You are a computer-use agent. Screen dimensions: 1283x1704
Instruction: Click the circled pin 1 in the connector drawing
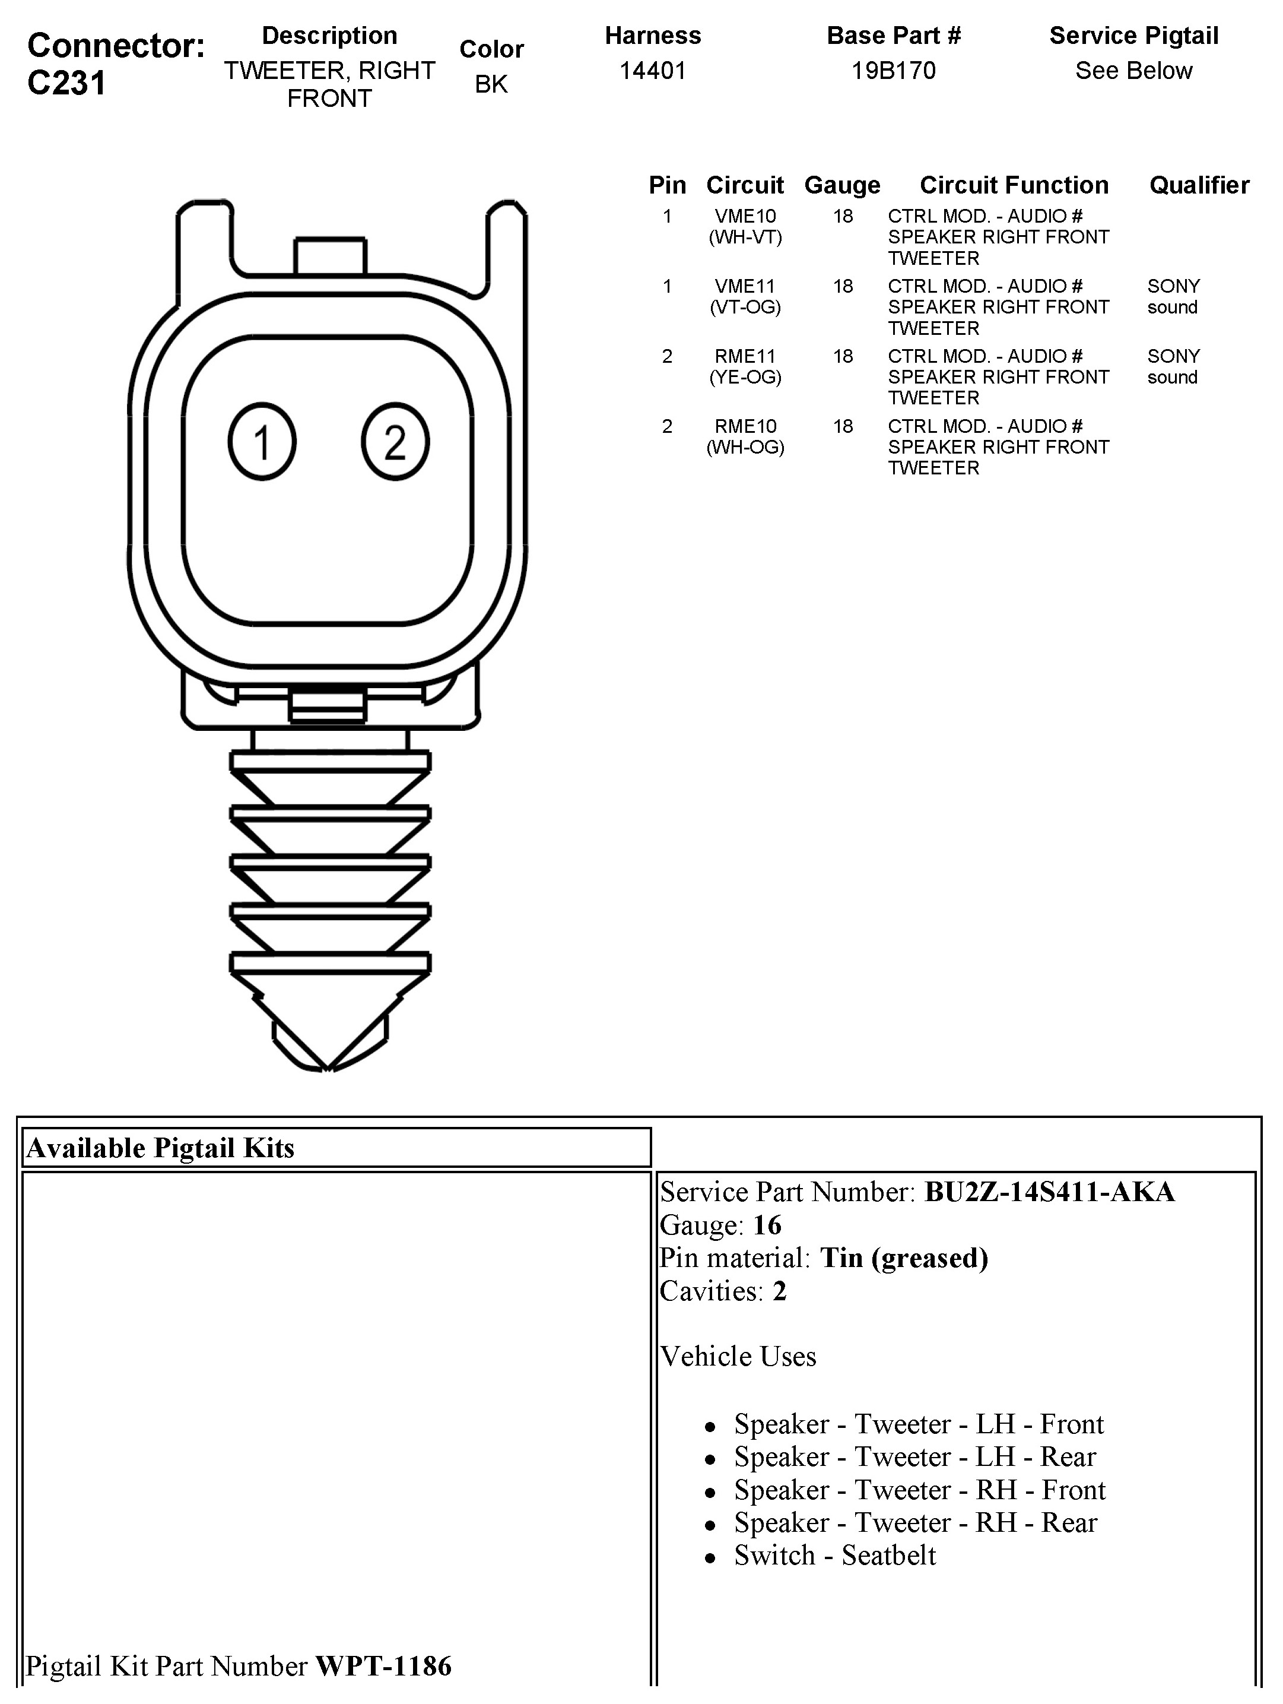coord(262,442)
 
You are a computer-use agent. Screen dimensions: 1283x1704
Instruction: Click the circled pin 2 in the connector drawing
coord(395,442)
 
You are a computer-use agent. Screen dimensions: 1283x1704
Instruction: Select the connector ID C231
coord(66,83)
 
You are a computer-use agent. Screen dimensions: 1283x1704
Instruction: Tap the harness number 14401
coord(652,71)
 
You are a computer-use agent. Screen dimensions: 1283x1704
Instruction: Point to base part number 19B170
coord(893,71)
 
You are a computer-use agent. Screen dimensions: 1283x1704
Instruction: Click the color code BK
coord(491,84)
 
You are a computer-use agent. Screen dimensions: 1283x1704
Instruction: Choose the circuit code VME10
coord(745,217)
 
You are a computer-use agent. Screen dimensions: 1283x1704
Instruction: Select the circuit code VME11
coord(745,287)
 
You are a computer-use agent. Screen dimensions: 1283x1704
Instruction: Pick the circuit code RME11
coord(745,357)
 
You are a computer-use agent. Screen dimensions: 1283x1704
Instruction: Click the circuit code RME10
coord(745,427)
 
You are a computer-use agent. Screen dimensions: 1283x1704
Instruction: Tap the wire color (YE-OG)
coord(745,378)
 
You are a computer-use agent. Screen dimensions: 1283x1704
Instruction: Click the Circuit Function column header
coord(1014,186)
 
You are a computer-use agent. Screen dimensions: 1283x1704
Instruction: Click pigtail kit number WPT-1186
coord(383,1666)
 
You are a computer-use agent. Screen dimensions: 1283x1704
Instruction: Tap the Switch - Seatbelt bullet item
coord(835,1556)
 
